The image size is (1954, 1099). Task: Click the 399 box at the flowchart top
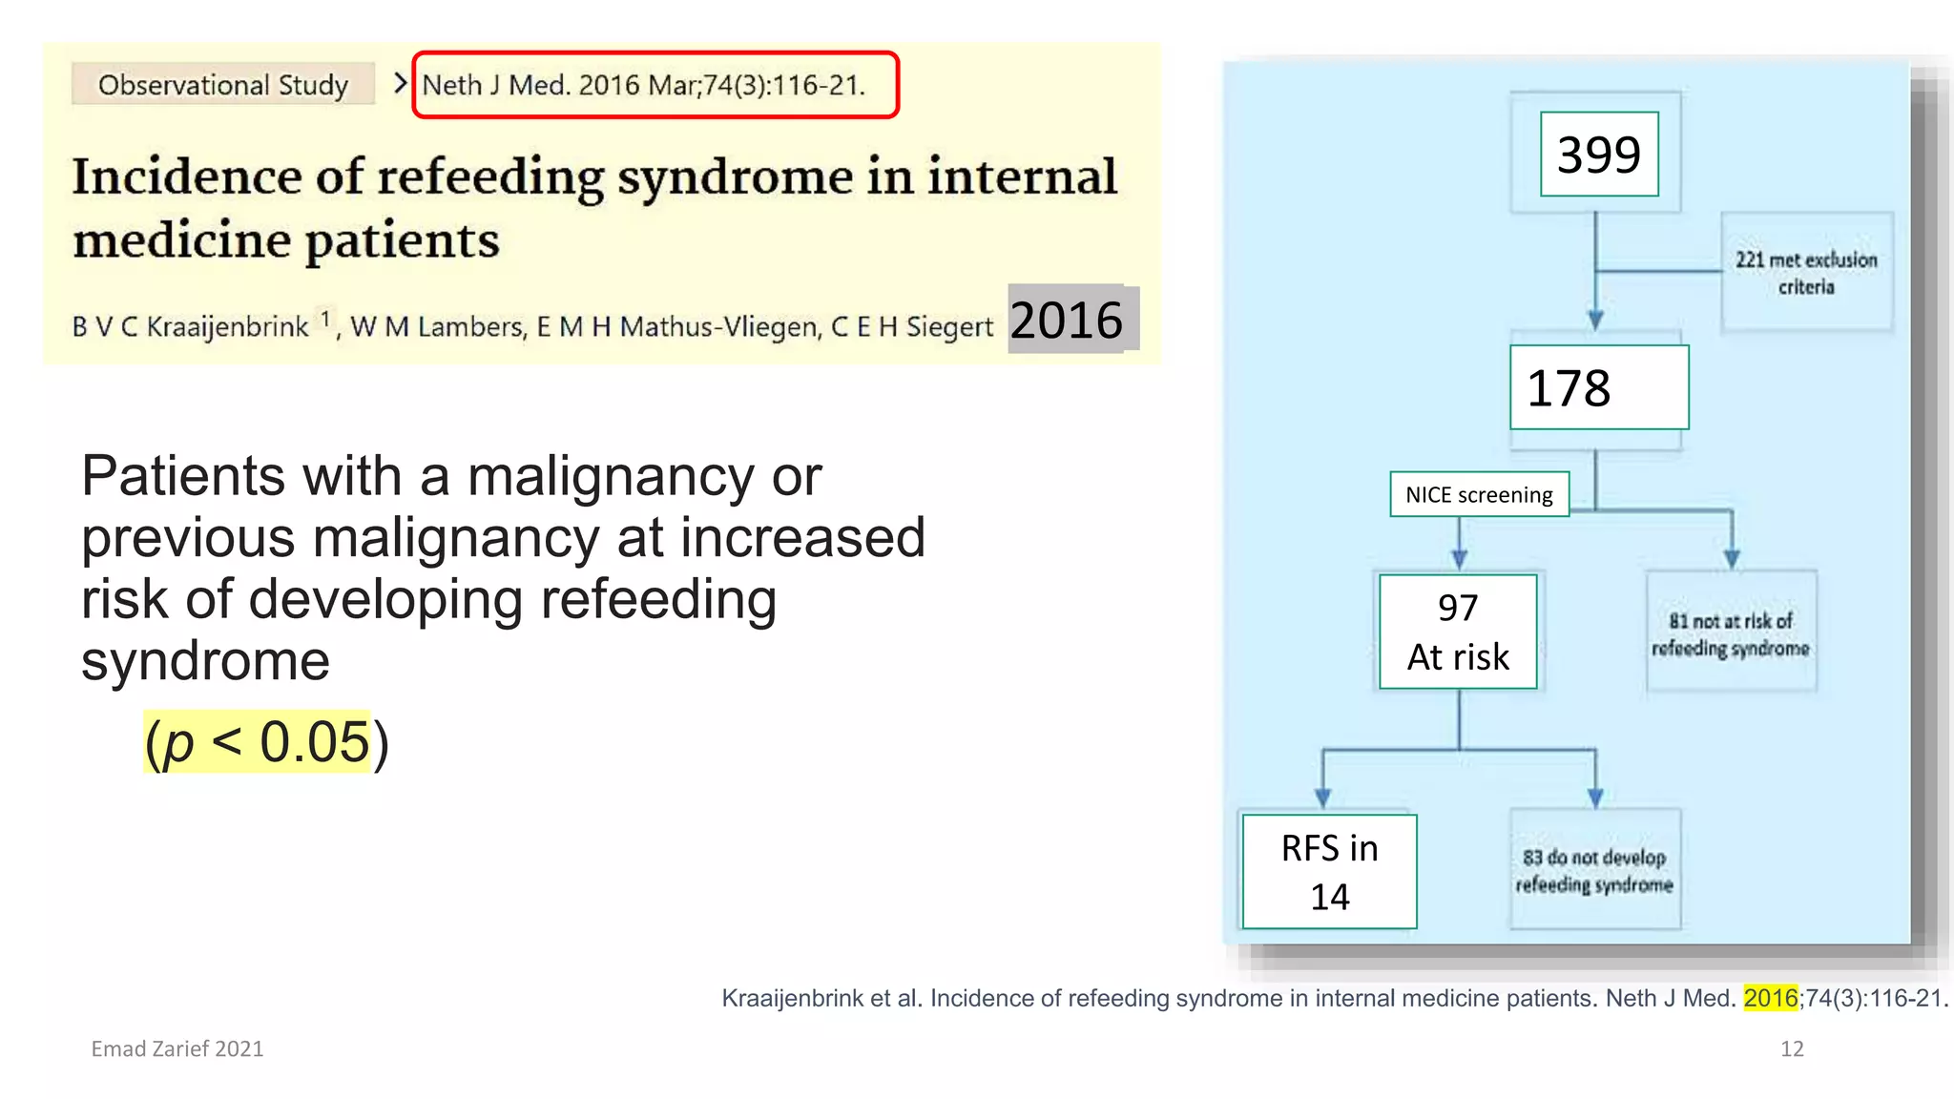[x=1599, y=155]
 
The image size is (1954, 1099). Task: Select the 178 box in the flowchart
[x=1599, y=387]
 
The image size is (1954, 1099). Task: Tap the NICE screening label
[x=1479, y=494]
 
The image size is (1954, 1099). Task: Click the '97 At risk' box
[x=1458, y=632]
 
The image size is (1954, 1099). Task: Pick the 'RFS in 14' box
[x=1329, y=872]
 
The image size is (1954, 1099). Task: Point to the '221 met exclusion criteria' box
[x=1806, y=273]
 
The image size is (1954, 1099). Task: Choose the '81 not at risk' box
[x=1731, y=633]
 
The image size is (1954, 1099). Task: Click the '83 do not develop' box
[x=1594, y=870]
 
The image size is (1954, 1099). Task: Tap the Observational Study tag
[x=222, y=85]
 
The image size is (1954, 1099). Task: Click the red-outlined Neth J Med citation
[x=655, y=85]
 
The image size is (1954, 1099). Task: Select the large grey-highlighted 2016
[x=1067, y=320]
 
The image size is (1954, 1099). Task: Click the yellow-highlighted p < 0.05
[x=257, y=742]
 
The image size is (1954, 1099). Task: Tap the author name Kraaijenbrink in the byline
[x=227, y=327]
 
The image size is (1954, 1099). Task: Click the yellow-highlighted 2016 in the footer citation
[x=1770, y=998]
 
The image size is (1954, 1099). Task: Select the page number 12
[x=1792, y=1049]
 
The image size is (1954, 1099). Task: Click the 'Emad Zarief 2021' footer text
[x=177, y=1049]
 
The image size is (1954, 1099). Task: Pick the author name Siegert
[x=949, y=327]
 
